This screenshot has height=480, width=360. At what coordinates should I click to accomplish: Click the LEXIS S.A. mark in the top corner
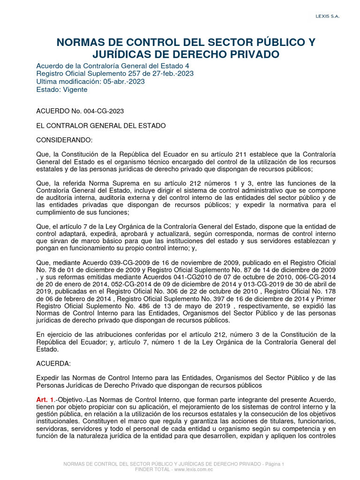coord(327,16)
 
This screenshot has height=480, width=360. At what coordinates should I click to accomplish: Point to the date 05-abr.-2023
coord(123,81)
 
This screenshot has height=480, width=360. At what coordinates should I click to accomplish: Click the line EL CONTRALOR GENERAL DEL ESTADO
coord(101,126)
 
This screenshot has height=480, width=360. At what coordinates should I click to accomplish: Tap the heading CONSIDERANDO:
coord(65,140)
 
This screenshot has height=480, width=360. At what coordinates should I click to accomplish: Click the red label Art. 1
coord(45,399)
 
